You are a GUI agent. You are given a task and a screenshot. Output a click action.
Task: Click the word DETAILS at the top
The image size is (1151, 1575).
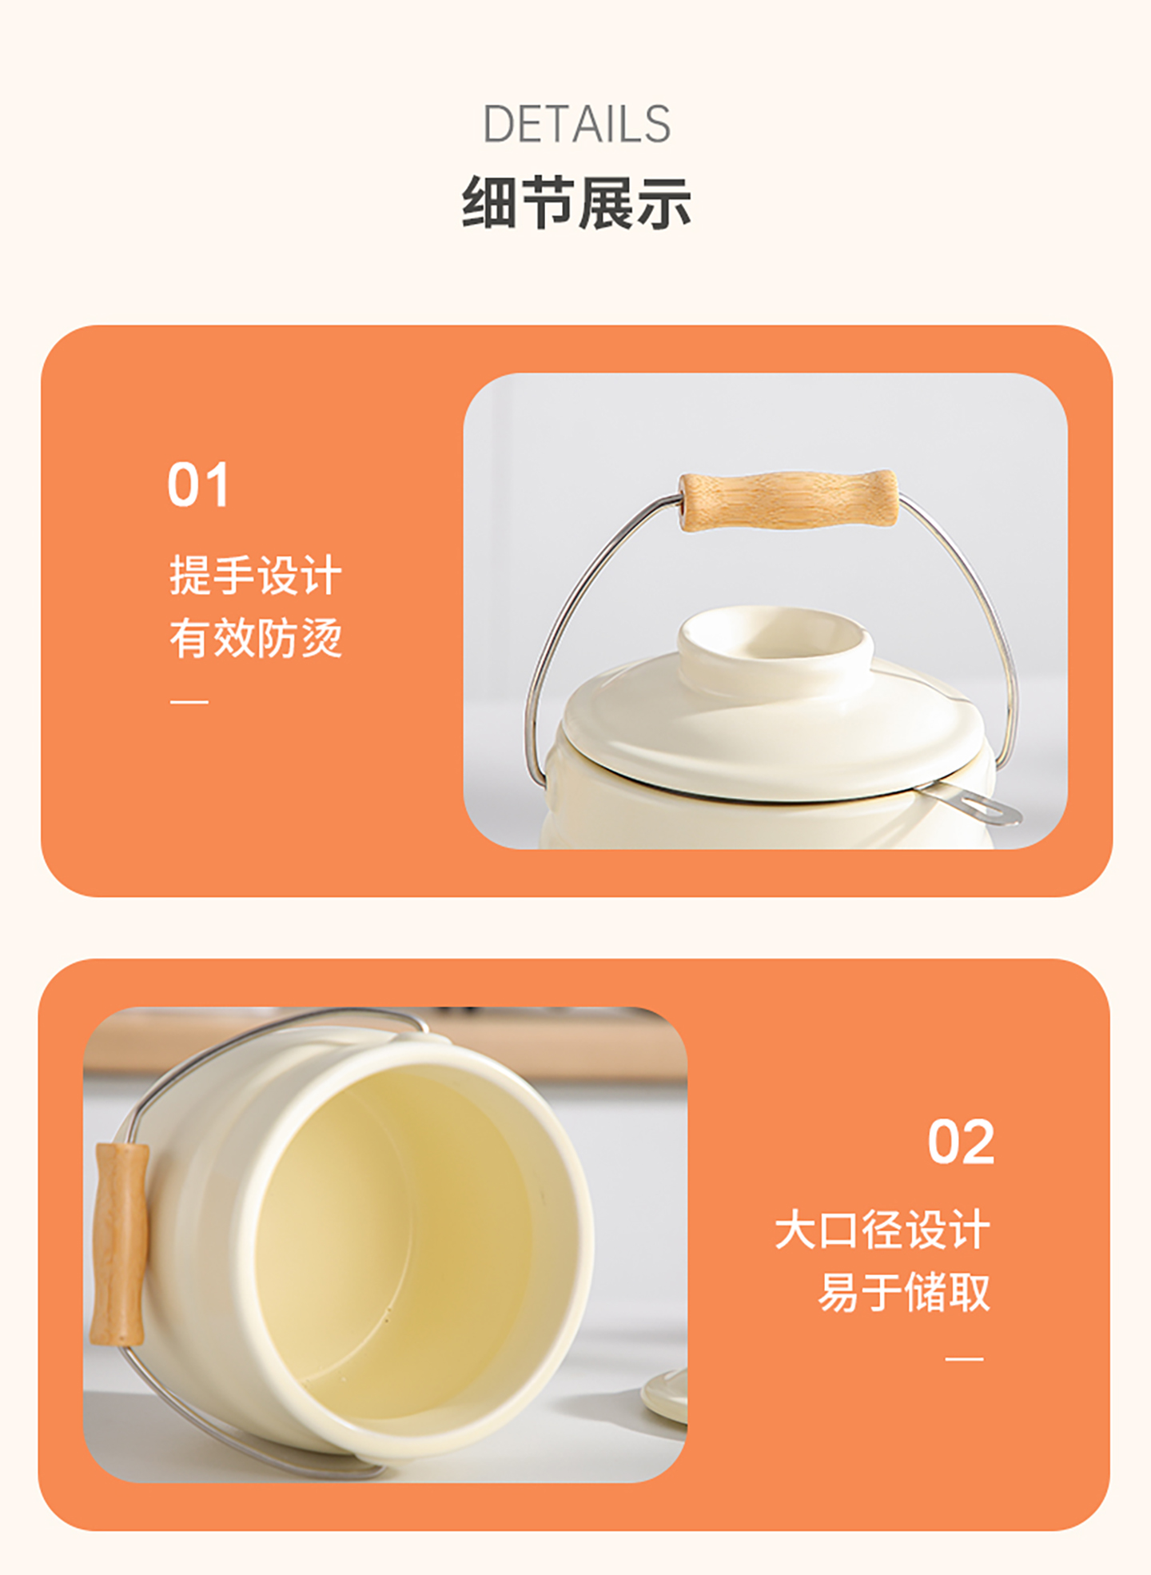point(576,125)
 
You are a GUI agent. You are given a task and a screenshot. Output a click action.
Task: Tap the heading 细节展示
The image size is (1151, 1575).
point(576,203)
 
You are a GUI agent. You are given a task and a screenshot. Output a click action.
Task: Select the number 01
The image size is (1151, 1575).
point(198,484)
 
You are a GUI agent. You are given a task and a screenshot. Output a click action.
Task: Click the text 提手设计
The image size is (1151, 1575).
point(256,575)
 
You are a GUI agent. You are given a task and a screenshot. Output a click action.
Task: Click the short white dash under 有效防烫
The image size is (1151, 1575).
point(189,701)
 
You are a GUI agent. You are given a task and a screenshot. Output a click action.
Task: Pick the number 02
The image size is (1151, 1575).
point(961,1142)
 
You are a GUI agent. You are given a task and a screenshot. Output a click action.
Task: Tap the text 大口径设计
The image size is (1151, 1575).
point(882,1230)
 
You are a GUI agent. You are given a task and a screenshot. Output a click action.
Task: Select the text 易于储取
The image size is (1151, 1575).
point(904,1292)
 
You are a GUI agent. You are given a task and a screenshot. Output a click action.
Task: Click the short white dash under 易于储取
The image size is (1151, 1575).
point(965,1358)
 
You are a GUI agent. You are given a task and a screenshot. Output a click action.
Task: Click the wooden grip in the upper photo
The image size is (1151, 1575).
point(788,500)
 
